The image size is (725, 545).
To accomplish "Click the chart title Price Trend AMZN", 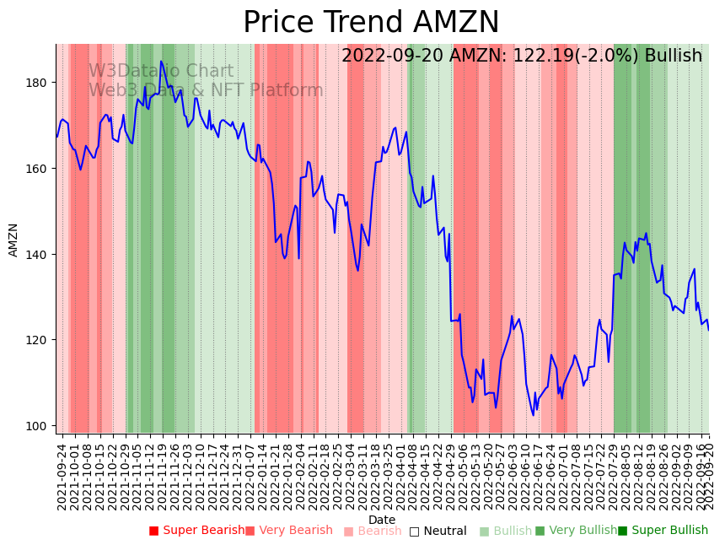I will [x=371, y=23].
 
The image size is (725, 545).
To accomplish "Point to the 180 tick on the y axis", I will [x=40, y=83].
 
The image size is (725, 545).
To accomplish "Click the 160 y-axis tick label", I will [x=40, y=169].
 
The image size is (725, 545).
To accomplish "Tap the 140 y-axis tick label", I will [x=40, y=255].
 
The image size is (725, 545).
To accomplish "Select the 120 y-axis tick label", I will [x=40, y=340].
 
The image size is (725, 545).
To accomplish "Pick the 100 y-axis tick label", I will [x=40, y=426].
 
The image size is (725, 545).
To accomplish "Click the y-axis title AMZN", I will [x=13, y=240].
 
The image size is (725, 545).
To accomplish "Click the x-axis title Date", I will [x=382, y=520].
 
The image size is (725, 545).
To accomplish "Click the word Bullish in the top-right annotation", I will [x=674, y=57].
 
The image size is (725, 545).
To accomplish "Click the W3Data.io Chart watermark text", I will [x=160, y=72].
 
